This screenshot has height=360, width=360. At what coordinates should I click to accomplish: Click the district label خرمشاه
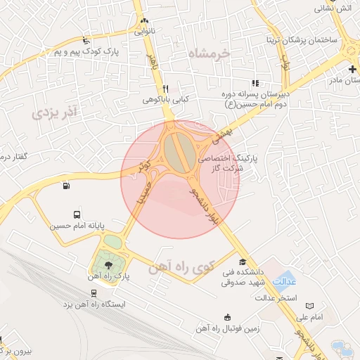pos(209,53)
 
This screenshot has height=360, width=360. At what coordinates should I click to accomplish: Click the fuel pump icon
pos(66,186)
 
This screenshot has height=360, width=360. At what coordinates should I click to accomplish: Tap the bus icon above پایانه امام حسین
pos(76,214)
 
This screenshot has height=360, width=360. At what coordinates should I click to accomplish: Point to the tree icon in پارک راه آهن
pos(108,264)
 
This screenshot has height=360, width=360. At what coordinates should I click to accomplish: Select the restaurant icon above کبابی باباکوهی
pos(165,89)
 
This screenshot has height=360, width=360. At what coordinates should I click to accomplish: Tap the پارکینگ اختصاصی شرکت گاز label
pos(227,164)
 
